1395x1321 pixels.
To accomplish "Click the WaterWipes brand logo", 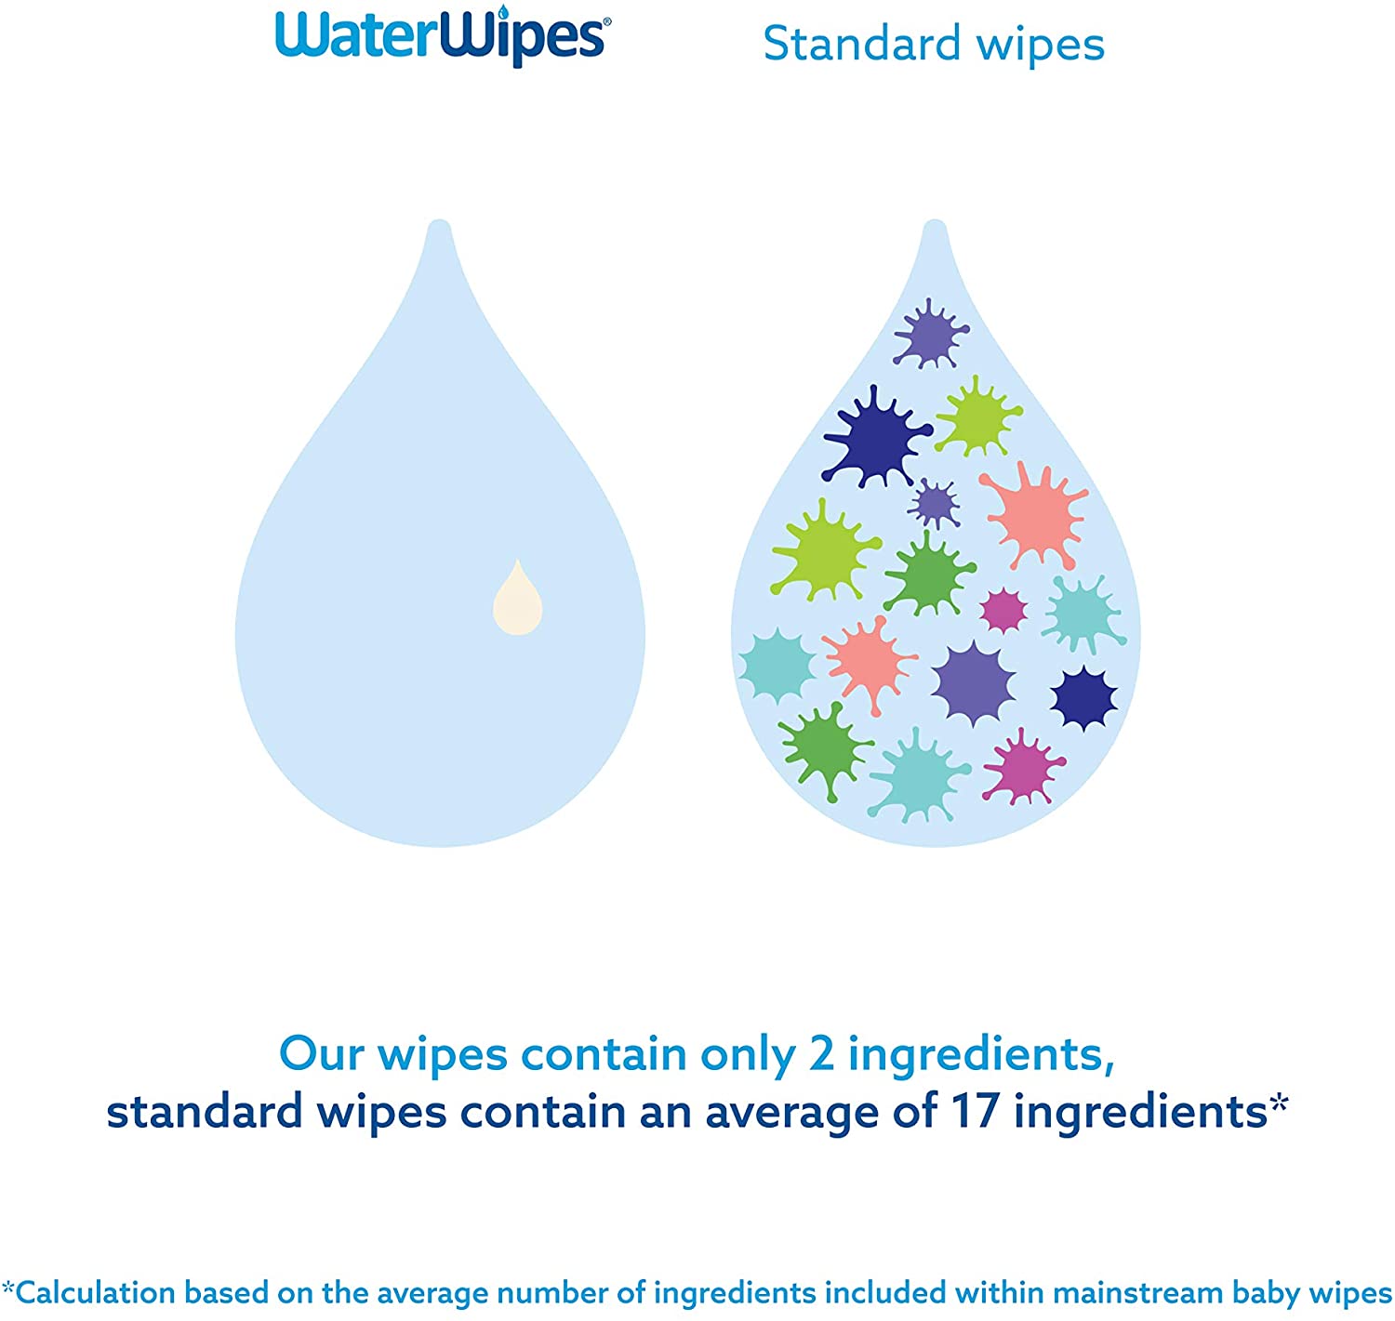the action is [442, 35].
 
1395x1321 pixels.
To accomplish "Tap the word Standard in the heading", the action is [861, 44].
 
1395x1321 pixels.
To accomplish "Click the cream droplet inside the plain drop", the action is [517, 597].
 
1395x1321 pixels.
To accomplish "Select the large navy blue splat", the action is [876, 437].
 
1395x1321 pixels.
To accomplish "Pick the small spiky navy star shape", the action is [1083, 698].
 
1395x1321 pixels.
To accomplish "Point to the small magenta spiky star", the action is [1003, 610].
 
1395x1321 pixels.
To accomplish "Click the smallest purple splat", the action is [934, 503].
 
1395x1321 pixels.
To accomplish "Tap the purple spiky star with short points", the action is [973, 682].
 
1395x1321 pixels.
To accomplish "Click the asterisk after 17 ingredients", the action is [1278, 1103].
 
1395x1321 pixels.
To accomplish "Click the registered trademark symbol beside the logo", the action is [606, 22].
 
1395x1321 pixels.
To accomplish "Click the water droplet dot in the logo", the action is [504, 10].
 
